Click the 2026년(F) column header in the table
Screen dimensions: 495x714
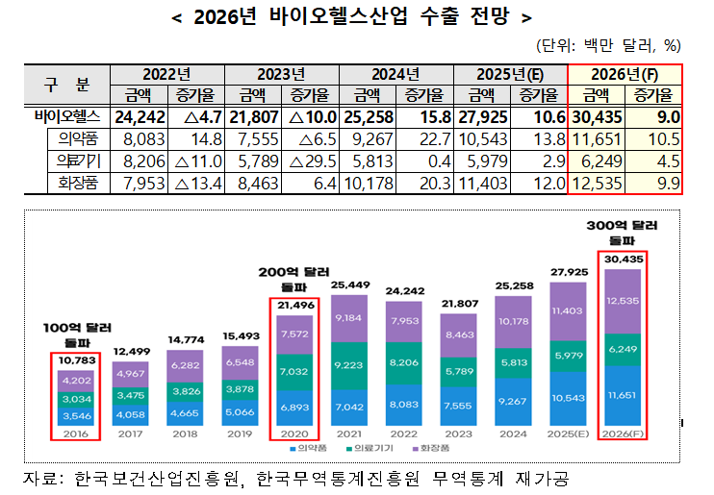tap(625, 74)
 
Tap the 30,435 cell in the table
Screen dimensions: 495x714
tap(598, 117)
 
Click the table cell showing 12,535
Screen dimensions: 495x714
tap(598, 182)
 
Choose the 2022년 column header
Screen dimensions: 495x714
tap(166, 74)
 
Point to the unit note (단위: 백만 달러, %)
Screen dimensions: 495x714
tap(609, 44)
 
